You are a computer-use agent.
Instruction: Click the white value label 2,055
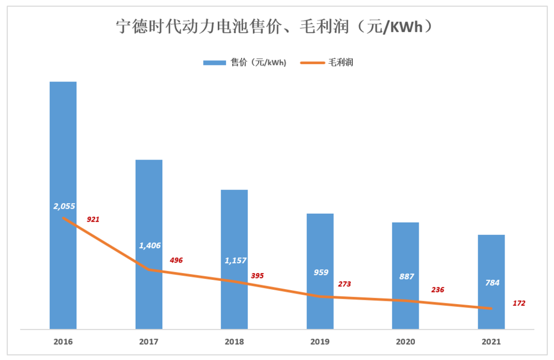pyautogui.click(x=64, y=206)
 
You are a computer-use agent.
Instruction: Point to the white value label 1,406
pyautogui.click(x=150, y=245)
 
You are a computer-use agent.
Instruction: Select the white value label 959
pyautogui.click(x=321, y=272)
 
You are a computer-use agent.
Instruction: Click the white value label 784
pyautogui.click(x=492, y=283)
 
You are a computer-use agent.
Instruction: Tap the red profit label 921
pyautogui.click(x=93, y=220)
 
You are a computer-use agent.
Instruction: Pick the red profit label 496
pyautogui.click(x=176, y=260)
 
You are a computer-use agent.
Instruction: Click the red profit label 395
pyautogui.click(x=257, y=276)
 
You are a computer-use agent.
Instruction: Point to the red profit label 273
pyautogui.click(x=345, y=284)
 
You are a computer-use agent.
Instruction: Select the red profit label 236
pyautogui.click(x=438, y=290)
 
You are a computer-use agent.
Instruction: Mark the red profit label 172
pyautogui.click(x=519, y=304)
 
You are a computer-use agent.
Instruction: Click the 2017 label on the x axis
pyautogui.click(x=149, y=342)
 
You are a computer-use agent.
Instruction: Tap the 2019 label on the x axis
pyautogui.click(x=320, y=342)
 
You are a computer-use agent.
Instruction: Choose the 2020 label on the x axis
pyautogui.click(x=406, y=342)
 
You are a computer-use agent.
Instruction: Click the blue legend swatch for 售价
pyautogui.click(x=213, y=63)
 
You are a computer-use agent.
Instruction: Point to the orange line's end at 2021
pyautogui.click(x=491, y=308)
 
